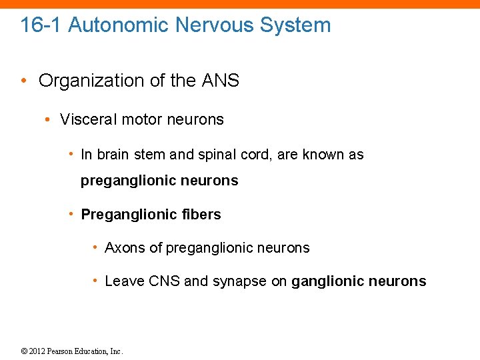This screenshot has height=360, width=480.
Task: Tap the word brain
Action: click(115, 155)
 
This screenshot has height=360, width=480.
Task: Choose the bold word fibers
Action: click(201, 215)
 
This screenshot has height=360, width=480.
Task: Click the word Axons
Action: click(125, 248)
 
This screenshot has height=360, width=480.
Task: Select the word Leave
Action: click(123, 281)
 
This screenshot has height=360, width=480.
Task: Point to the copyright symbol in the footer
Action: click(25, 351)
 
